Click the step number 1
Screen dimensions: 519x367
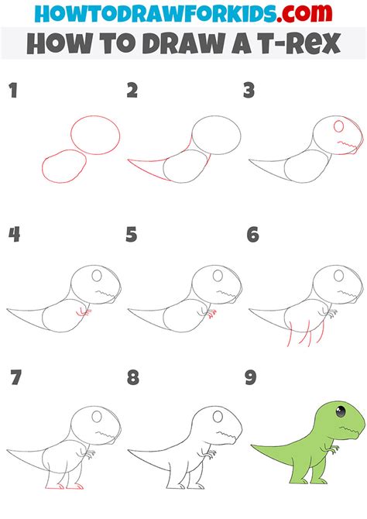[x=12, y=91]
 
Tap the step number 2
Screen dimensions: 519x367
[x=132, y=91]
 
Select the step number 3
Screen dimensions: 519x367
[x=249, y=91]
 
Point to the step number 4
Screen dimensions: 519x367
[x=13, y=235]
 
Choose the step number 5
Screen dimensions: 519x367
[x=132, y=235]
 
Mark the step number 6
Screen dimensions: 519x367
[x=252, y=235]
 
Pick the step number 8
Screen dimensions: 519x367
[x=132, y=378]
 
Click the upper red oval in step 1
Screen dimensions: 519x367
[x=95, y=134]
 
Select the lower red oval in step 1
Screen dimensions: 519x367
[x=63, y=167]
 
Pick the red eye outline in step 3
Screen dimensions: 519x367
[x=339, y=126]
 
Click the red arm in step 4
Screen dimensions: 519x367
[x=85, y=312]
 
